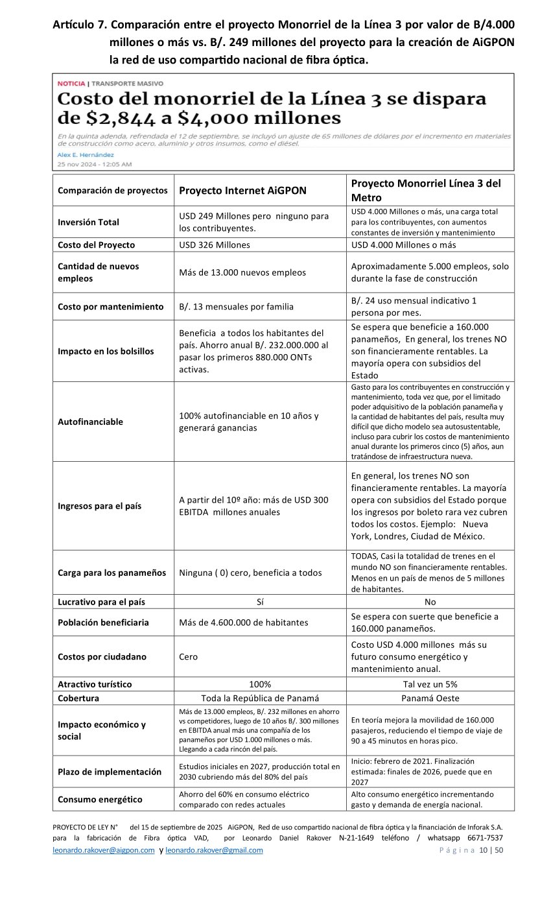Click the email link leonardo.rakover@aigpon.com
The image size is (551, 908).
point(103,850)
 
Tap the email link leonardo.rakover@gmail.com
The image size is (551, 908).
point(214,850)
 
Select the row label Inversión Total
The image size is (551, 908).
point(88,222)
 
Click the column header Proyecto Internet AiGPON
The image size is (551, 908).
point(242,191)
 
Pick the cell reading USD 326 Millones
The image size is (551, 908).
point(215,245)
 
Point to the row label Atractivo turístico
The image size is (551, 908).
point(95,684)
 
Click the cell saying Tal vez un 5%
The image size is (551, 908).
point(430,684)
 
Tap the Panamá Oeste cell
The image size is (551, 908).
point(430,698)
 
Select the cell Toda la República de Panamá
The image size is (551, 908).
point(260,698)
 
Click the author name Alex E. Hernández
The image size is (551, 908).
point(86,155)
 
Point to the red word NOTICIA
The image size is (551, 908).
point(71,84)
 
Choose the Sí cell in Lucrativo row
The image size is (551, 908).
point(260,601)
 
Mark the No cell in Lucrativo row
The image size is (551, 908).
point(430,601)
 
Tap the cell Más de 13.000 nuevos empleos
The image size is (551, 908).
point(242,272)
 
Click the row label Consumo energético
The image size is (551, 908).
point(100,799)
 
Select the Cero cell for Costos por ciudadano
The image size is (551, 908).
point(189,656)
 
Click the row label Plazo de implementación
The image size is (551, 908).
point(110,772)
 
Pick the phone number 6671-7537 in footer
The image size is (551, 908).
point(481,838)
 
